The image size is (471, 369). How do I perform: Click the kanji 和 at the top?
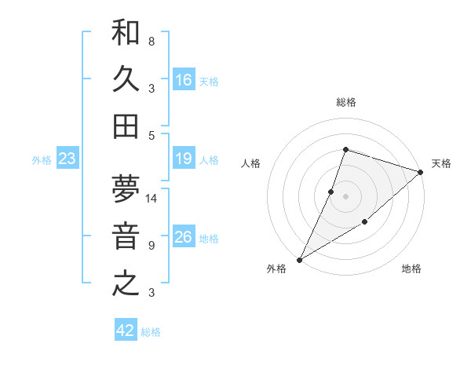[x=126, y=32]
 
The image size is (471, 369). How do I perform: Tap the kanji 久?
[x=126, y=79]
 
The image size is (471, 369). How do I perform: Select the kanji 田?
[x=126, y=126]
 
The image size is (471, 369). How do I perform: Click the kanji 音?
[x=126, y=236]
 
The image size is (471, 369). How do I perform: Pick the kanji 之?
[x=126, y=283]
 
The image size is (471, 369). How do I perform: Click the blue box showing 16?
[x=184, y=79]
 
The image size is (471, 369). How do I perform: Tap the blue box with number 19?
[x=184, y=159]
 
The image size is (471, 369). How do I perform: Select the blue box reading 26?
[x=184, y=237]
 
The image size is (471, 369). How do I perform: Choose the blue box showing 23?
[x=68, y=159]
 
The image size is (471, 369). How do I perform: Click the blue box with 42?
[x=126, y=331]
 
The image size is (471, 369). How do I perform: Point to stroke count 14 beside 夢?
[x=152, y=199]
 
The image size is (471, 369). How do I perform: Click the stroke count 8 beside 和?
[x=152, y=41]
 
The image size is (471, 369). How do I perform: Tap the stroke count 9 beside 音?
[x=152, y=246]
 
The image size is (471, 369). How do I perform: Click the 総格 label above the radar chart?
[x=345, y=102]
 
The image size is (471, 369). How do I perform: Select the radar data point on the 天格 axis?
[x=421, y=173]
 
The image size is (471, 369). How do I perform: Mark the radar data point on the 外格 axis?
[x=299, y=259]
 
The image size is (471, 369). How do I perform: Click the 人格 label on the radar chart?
[x=251, y=163]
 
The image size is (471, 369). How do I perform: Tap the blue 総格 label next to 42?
[x=151, y=332]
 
